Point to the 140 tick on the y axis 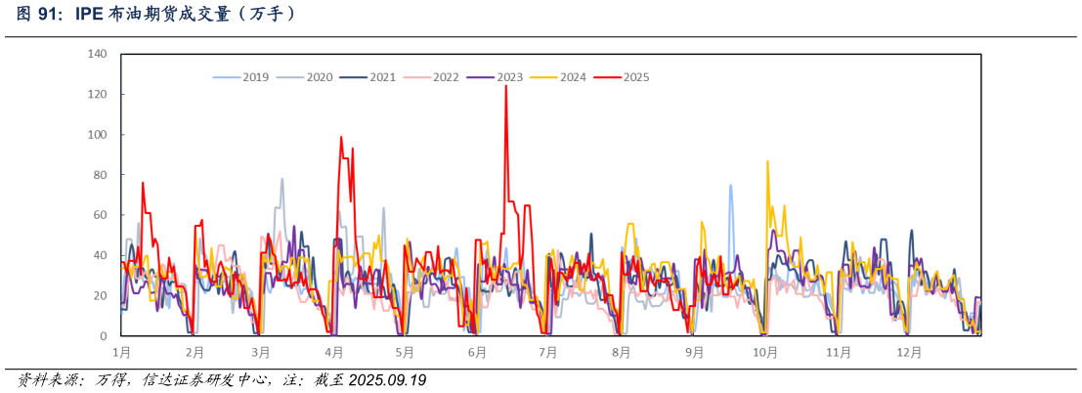pyautogui.click(x=98, y=54)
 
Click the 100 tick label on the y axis pyautogui.click(x=98, y=135)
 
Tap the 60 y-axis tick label pyautogui.click(x=101, y=215)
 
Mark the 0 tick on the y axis pyautogui.click(x=104, y=336)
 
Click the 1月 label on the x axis pyautogui.click(x=122, y=351)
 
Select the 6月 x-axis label pyautogui.click(x=478, y=351)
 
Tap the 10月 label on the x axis pyautogui.click(x=765, y=351)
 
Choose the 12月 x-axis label pyautogui.click(x=909, y=351)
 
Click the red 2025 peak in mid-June pyautogui.click(x=505, y=86)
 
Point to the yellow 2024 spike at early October pyautogui.click(x=767, y=161)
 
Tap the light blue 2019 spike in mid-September pyautogui.click(x=730, y=185)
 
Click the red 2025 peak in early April pyautogui.click(x=341, y=138)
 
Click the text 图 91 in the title pyautogui.click(x=38, y=15)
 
